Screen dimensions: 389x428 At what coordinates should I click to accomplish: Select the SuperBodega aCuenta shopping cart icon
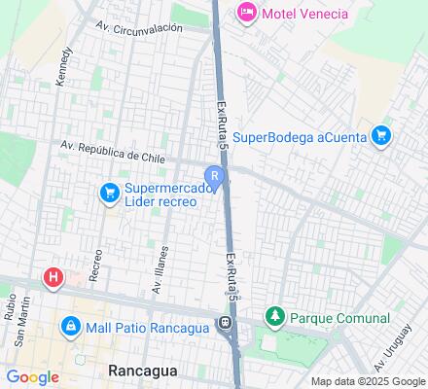[x=383, y=136]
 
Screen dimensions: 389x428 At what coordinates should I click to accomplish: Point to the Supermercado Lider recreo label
[x=161, y=194]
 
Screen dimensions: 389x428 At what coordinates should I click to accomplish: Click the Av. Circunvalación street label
[x=139, y=28]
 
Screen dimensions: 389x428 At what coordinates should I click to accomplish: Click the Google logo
[x=32, y=377]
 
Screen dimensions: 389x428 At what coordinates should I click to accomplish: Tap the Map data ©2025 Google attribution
[x=369, y=381]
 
